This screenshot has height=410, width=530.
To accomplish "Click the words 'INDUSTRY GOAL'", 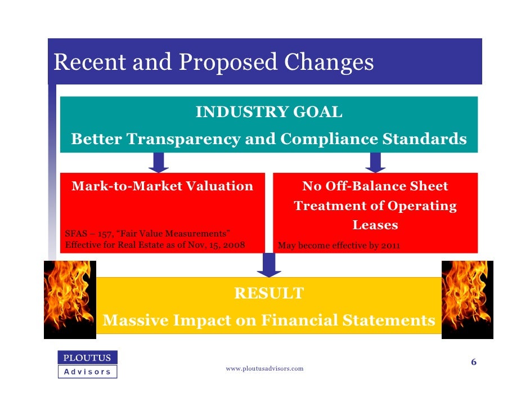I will [268, 113].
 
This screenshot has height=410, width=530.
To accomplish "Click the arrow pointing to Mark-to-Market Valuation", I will [159, 162].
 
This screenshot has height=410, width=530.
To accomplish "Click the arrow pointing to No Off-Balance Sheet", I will [375, 162].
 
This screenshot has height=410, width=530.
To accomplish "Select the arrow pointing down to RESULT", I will [269, 265].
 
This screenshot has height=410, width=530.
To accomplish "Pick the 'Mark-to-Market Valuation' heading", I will [162, 186].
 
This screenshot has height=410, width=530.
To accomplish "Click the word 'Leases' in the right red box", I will [375, 225].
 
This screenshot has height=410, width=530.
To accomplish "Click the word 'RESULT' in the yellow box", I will [268, 293].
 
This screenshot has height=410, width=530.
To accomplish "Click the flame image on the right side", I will [467, 298].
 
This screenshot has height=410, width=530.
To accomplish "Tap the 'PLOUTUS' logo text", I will [87, 358].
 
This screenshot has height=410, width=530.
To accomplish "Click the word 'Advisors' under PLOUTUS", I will [87, 372].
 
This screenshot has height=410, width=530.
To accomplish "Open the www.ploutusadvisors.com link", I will [264, 368].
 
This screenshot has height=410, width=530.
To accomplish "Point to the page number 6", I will [474, 362].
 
